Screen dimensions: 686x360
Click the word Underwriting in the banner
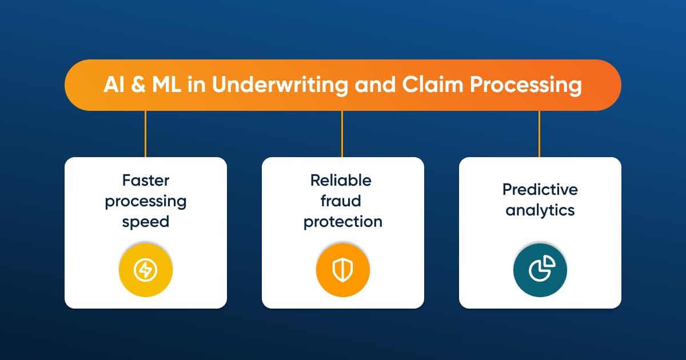click(280, 85)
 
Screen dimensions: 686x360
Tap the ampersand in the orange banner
click(138, 85)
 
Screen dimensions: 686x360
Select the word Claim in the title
click(432, 84)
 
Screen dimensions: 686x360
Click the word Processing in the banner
click(526, 85)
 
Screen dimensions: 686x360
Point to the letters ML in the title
click(166, 85)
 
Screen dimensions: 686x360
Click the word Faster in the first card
click(146, 181)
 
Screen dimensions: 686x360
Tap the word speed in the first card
click(146, 222)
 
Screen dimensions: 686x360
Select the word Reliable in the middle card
click(341, 180)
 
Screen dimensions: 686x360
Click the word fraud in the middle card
click(341, 201)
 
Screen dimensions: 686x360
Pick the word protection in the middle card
click(343, 222)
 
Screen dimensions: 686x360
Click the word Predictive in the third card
click(540, 189)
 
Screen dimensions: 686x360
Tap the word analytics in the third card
click(540, 211)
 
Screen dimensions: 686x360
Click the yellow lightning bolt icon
click(146, 270)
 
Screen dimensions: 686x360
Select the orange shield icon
click(343, 270)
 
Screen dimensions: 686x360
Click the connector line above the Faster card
click(145, 134)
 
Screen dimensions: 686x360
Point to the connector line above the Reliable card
click(342, 134)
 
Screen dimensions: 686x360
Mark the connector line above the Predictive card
click(539, 134)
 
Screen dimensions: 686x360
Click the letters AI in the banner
click(114, 85)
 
